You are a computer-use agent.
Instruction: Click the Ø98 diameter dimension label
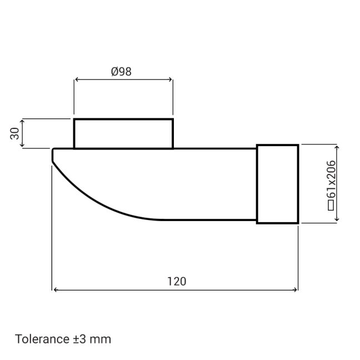point(121,71)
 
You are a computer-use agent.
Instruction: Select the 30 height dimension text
point(15,133)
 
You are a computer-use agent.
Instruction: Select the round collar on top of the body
point(123,133)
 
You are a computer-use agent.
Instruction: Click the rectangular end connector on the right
point(277,184)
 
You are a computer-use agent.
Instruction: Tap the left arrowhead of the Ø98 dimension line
point(77,80)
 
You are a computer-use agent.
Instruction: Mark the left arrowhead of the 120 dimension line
point(54,289)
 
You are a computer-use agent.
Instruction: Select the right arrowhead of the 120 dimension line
point(295,289)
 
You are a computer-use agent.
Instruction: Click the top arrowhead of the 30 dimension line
point(22,121)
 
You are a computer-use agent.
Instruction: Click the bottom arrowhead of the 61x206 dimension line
point(337,220)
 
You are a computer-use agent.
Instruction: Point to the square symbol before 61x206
point(331,206)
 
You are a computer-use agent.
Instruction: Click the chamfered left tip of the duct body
point(53,156)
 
